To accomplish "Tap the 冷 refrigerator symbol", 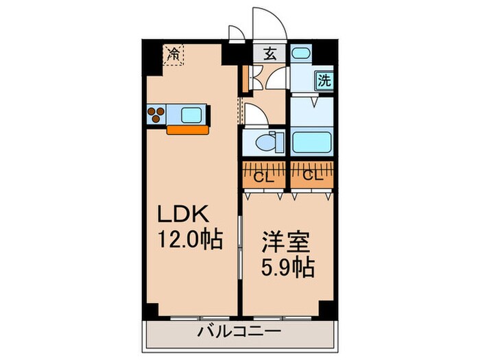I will coord(174,53).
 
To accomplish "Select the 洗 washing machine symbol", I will coord(324,80).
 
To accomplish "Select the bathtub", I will coord(313,143).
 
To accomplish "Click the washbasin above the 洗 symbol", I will coord(300,54).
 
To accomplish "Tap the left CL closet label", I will coord(261,176).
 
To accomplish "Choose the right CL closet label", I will coord(312,176).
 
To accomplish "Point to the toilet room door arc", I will coord(256,115).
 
